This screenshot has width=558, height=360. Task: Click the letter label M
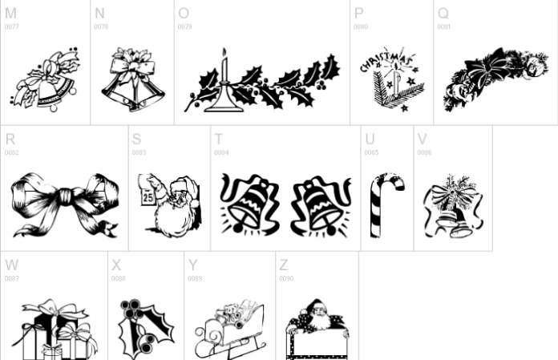coord(10,14)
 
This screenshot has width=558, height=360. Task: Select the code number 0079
coord(184,26)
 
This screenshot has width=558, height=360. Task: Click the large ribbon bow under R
coord(64,202)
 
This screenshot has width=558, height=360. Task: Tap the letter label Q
coord(443,14)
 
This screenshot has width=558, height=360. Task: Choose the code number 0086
coord(424,152)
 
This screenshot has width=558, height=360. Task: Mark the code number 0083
coord(139,152)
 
